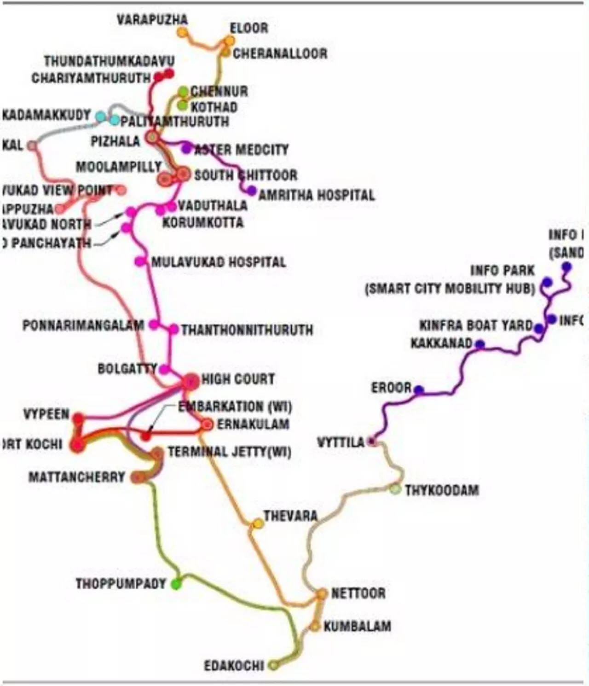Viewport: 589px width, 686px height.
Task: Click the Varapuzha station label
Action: click(x=152, y=20)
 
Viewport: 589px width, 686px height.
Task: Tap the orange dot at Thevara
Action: click(x=258, y=523)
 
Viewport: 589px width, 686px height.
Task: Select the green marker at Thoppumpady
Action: click(x=176, y=584)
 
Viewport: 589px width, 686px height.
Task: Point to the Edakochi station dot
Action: click(x=273, y=665)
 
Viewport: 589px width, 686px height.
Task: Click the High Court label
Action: click(x=238, y=379)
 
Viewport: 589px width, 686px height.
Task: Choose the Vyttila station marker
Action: click(x=373, y=442)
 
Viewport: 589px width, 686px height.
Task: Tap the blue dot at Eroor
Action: click(x=418, y=390)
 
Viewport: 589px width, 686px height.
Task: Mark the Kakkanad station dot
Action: click(x=479, y=344)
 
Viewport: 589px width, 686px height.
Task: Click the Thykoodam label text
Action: click(x=442, y=490)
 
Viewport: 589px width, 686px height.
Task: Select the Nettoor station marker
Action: click(x=322, y=594)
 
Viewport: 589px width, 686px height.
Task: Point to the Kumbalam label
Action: click(x=357, y=626)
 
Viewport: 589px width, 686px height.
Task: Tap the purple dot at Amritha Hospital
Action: click(x=251, y=190)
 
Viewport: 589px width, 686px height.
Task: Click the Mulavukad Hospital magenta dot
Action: click(x=139, y=262)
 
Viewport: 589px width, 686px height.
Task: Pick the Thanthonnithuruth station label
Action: click(x=247, y=330)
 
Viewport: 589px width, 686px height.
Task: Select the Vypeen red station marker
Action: click(x=79, y=419)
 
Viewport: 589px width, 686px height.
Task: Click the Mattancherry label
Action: click(x=77, y=477)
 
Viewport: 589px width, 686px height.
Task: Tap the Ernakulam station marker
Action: click(x=208, y=424)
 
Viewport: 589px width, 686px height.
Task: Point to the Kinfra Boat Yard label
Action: click(x=476, y=326)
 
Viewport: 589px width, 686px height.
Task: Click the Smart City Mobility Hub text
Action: click(x=450, y=289)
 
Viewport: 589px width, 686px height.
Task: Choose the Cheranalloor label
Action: click(x=280, y=54)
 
